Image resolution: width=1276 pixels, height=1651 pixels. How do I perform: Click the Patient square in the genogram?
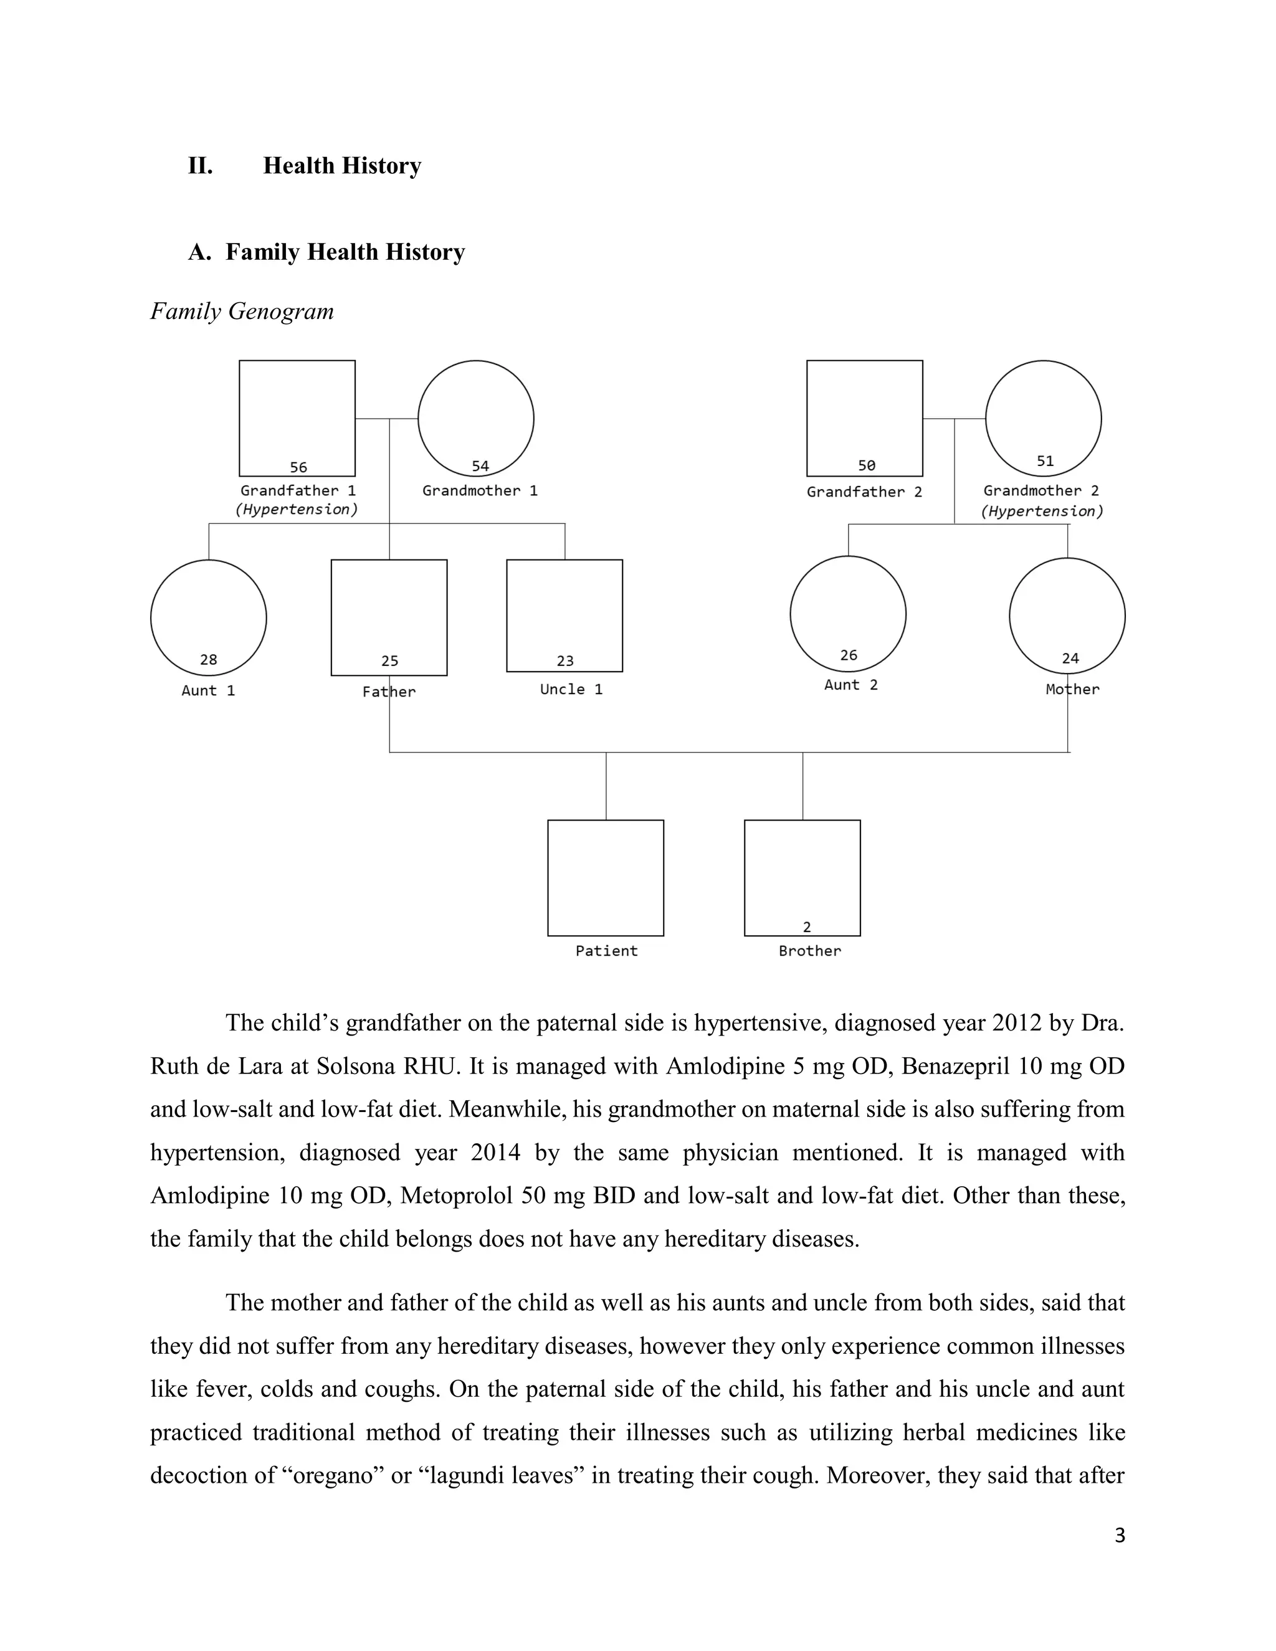coord(606,878)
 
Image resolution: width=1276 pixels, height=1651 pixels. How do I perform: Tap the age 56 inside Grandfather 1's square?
coord(298,467)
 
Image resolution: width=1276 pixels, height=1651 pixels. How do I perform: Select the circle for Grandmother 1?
coord(475,418)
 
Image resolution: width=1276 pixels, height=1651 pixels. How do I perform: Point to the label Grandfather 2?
coord(864,492)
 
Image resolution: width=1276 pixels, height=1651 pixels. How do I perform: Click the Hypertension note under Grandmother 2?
coord(1042,511)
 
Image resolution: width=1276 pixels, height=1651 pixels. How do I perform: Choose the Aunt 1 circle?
coord(209,617)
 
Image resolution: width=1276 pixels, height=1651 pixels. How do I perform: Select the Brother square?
coord(802,878)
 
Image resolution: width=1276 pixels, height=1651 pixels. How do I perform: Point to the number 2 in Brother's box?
coord(807,927)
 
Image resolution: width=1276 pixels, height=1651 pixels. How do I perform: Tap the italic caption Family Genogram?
coord(242,312)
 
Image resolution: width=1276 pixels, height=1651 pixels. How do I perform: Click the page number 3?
coord(1120,1535)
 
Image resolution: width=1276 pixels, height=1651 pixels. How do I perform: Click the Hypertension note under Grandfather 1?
coord(297,510)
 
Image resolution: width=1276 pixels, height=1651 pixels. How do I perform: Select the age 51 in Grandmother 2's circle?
coord(1045,461)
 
